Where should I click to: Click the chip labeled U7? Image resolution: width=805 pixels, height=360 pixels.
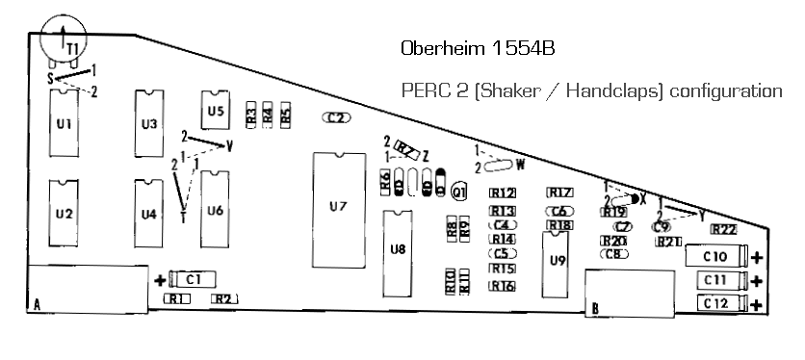click(338, 208)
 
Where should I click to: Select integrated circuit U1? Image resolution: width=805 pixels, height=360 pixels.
click(65, 124)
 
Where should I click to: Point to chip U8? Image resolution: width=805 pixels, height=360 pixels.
click(398, 249)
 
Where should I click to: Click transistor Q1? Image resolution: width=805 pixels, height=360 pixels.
click(459, 193)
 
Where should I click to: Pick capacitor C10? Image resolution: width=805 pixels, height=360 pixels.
click(716, 257)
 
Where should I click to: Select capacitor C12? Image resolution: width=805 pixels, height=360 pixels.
click(716, 304)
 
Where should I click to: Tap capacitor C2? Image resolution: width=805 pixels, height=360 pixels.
click(336, 117)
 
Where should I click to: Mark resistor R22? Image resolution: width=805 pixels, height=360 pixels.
click(723, 230)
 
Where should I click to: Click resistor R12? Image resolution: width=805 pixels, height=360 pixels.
click(502, 193)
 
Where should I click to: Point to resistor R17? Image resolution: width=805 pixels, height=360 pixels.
click(560, 193)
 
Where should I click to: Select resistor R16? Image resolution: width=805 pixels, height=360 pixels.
click(502, 285)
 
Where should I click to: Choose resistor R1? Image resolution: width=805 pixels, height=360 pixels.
click(176, 299)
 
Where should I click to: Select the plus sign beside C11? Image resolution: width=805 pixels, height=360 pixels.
click(757, 281)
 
